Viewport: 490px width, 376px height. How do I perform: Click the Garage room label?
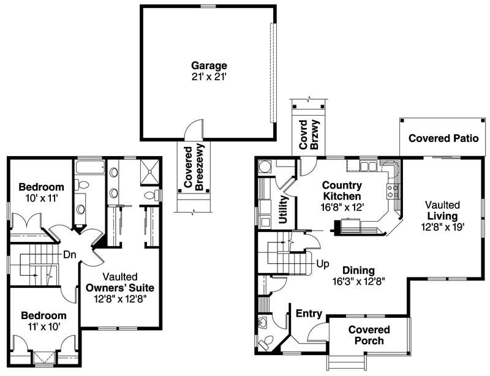point(209,66)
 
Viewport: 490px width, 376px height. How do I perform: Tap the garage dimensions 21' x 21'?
point(209,77)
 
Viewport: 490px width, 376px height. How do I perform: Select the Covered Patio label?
point(443,138)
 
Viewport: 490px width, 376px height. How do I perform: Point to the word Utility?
point(283,209)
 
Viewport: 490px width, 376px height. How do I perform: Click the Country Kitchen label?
point(342,190)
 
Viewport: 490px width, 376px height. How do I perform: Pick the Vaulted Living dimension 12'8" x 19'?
point(443,227)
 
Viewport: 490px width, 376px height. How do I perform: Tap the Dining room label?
point(358,270)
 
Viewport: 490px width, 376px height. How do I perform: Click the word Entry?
point(309,314)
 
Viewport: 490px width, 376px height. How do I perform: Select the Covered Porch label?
point(369,335)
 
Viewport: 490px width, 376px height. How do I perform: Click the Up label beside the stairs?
point(323,264)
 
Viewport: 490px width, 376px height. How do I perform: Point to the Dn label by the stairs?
point(70,255)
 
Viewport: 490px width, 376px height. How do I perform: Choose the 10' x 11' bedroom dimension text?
point(41,198)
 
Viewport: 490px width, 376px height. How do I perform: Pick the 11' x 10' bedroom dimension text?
point(43,326)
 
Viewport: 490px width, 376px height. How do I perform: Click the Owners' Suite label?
point(120,288)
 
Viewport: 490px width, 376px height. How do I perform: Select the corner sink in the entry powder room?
point(263,322)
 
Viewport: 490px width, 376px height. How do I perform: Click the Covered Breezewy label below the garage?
point(194,168)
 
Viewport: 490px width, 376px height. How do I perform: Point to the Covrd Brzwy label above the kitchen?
point(309,134)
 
